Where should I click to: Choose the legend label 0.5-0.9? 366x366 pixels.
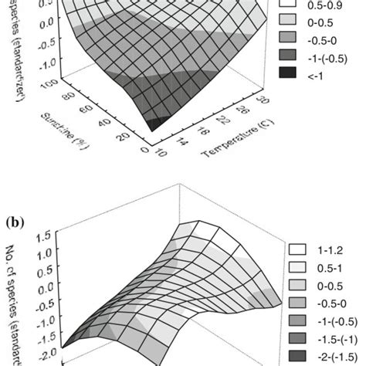click(330, 12)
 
